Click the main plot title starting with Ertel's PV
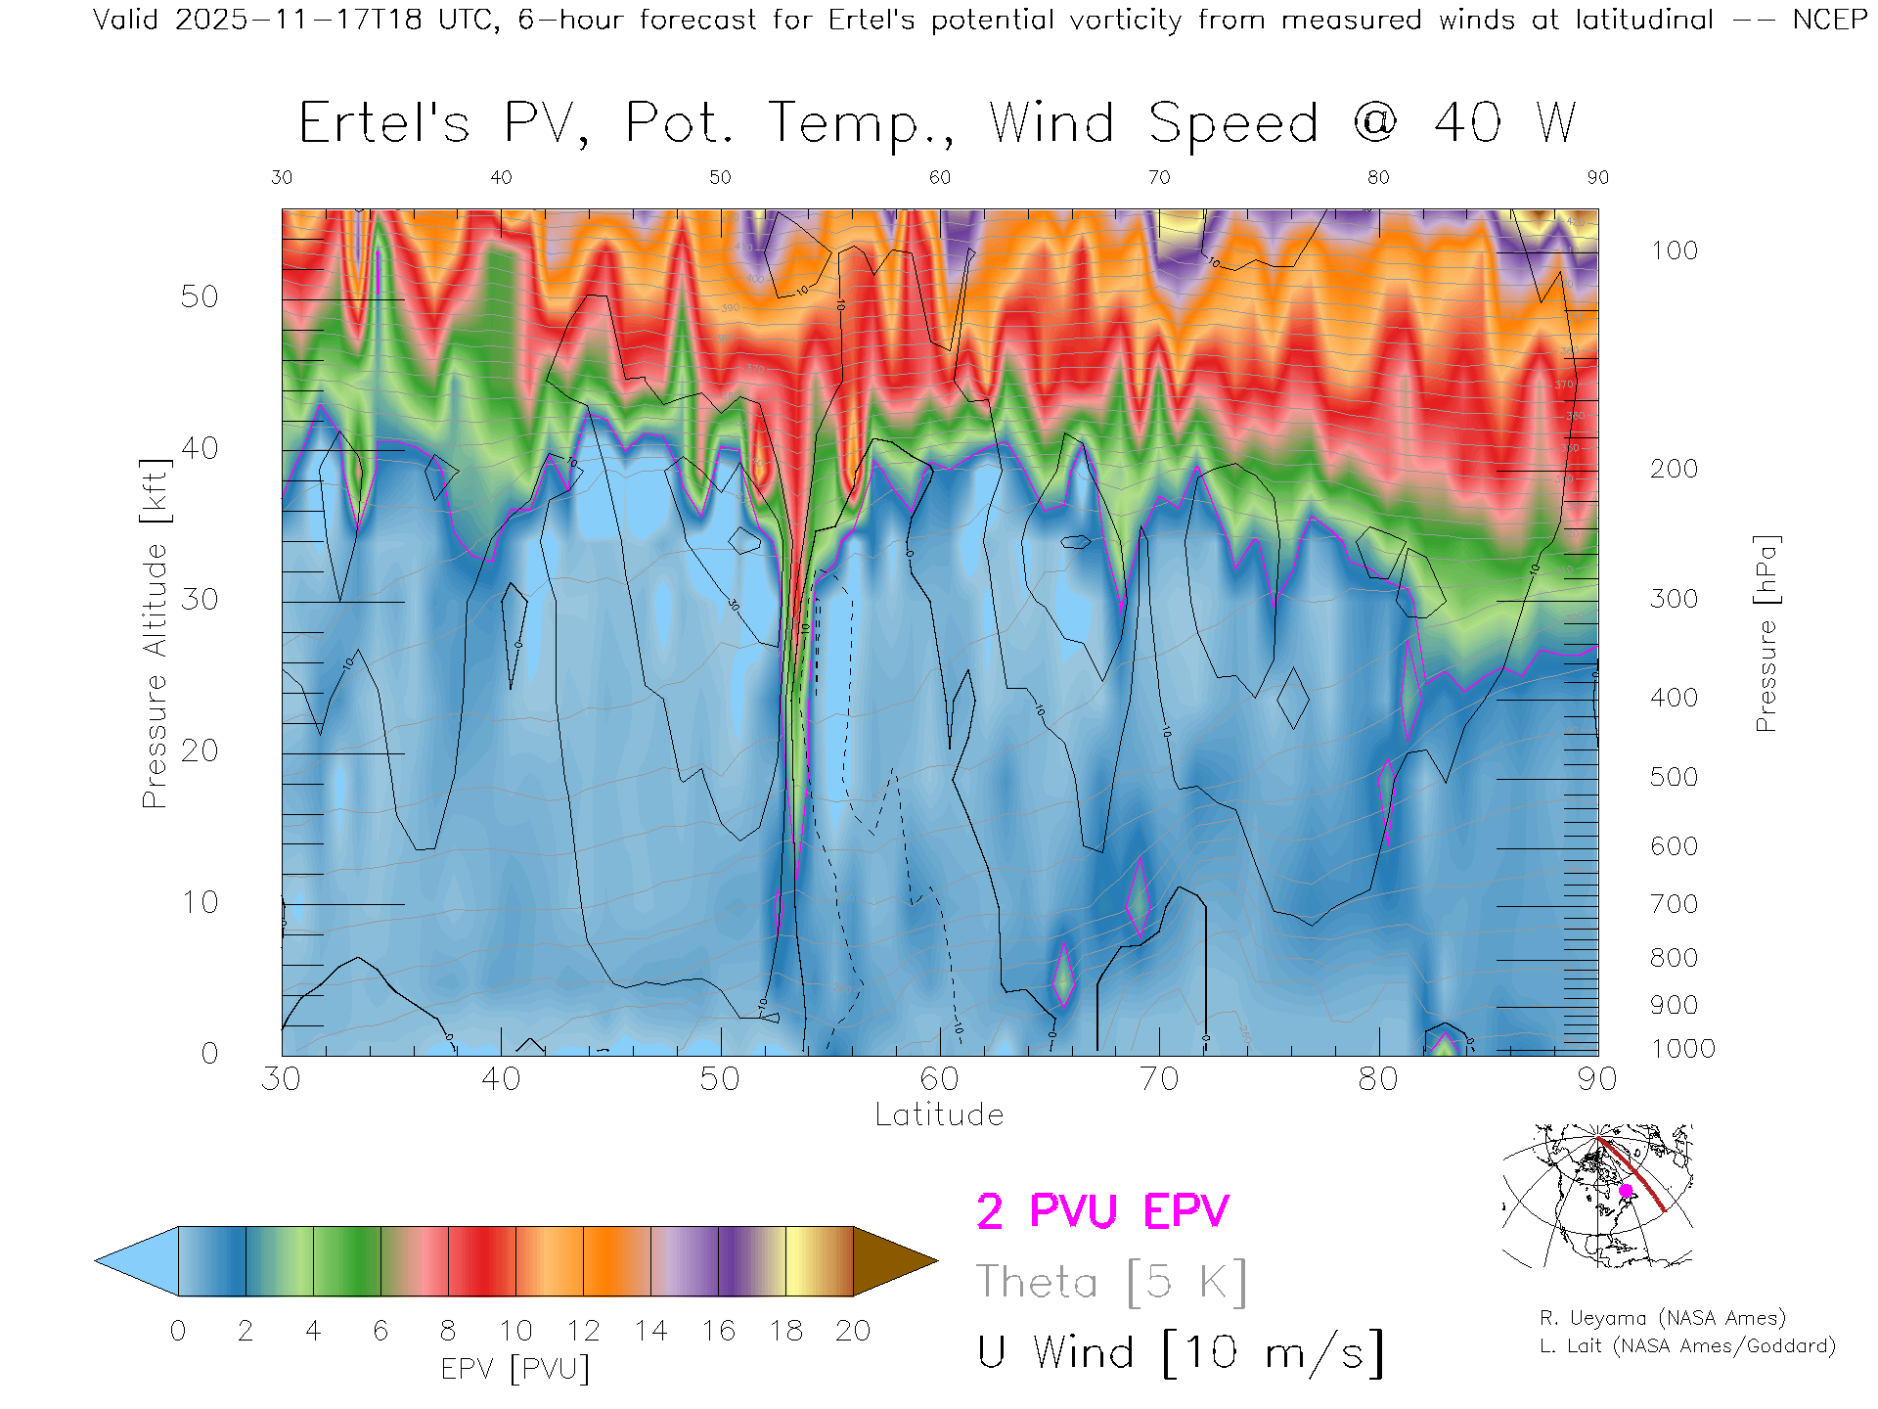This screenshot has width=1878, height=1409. click(937, 124)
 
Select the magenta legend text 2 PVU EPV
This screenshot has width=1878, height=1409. click(1102, 1211)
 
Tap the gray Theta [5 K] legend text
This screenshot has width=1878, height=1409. click(1111, 1282)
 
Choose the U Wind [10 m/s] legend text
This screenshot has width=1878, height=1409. click(1180, 1353)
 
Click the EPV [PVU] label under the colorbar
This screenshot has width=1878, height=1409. click(515, 1369)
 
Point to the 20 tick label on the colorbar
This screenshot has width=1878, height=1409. click(853, 1331)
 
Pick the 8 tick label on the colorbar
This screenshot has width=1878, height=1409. click(448, 1331)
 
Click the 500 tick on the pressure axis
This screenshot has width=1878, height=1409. click(1674, 777)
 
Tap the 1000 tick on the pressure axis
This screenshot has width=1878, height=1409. click(1682, 1049)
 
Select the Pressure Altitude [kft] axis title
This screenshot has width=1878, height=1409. click(155, 634)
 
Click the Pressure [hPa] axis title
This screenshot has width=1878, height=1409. click(1766, 634)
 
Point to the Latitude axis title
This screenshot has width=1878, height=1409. click(939, 1114)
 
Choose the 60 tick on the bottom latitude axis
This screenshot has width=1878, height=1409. click(939, 1079)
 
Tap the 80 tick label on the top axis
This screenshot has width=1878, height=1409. click(1378, 177)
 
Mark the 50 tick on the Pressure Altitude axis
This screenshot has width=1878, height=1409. click(200, 296)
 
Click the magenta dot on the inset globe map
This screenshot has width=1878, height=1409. click(1626, 1191)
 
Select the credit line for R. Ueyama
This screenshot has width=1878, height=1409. click(1663, 1318)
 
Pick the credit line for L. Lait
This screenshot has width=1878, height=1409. click(1687, 1346)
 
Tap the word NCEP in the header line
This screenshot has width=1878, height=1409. click(1829, 20)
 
